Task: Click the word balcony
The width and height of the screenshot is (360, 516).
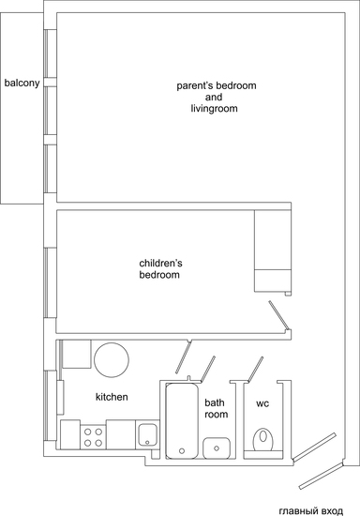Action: coord(22,83)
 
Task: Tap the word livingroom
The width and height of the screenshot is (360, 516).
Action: coord(214,108)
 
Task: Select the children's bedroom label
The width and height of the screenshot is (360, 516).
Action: coord(160,269)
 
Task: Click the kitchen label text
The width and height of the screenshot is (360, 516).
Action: coord(112,397)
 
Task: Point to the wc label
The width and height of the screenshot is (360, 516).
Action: coord(262,403)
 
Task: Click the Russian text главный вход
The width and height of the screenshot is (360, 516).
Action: coord(310,511)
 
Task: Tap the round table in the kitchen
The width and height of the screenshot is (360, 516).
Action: coord(112,359)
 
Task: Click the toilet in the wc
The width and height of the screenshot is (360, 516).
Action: coord(263,440)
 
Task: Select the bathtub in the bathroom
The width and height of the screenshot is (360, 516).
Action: coord(182,421)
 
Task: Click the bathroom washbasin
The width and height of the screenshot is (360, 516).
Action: coord(217,448)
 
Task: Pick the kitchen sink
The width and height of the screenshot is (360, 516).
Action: coord(147,434)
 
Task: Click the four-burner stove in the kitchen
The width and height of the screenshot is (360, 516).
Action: coord(93,437)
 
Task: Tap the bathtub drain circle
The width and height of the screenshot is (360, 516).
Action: coord(182,451)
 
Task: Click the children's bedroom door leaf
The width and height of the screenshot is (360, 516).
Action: coord(278,315)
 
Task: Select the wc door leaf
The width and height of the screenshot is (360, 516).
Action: coord(255,370)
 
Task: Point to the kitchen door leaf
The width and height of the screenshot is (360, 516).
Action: coord(183,357)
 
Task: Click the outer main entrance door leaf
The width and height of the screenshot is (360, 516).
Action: coord(321,476)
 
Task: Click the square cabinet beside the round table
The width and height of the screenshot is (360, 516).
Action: coord(77,354)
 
